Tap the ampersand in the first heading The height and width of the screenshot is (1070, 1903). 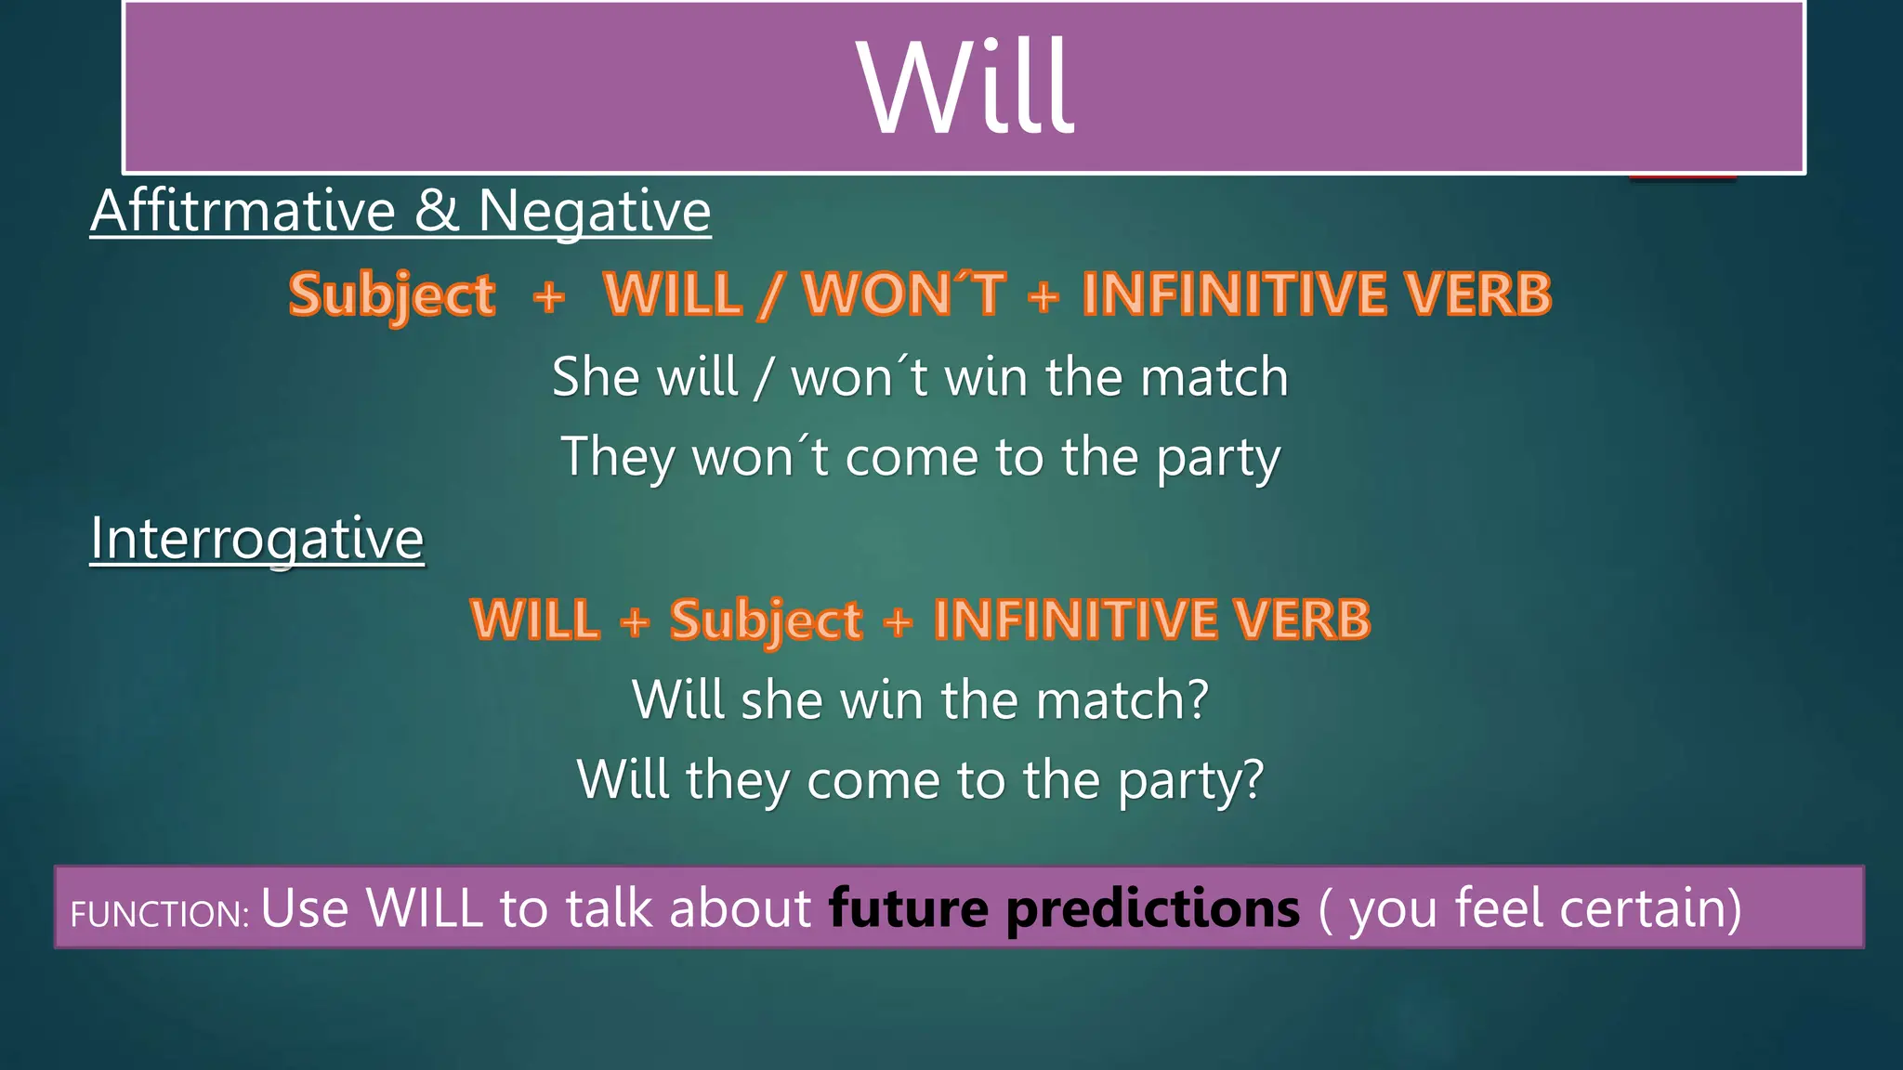436,211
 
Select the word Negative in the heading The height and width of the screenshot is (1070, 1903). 594,211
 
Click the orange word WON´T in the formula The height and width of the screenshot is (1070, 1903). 903,294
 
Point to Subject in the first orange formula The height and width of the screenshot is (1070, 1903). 391,296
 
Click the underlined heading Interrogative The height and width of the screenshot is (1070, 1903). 256,539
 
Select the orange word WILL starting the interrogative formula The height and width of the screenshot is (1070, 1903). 535,620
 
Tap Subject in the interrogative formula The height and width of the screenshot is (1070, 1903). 766,620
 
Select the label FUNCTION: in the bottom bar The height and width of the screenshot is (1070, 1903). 159,914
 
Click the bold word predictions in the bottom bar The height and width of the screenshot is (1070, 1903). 1153,909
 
